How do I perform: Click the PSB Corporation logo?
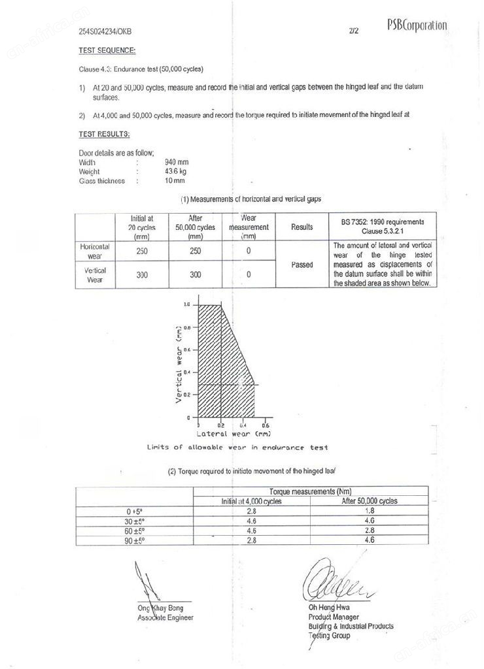[x=417, y=25]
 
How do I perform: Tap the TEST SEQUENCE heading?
[x=107, y=50]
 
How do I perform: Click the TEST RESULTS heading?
[x=104, y=135]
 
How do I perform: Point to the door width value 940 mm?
[x=178, y=162]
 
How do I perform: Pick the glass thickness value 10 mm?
[x=175, y=180]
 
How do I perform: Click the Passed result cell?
[x=302, y=265]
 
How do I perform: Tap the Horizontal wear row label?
[x=95, y=252]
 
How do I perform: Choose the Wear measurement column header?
[x=249, y=227]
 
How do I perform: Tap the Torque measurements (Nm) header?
[x=311, y=491]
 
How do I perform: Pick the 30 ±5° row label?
[x=135, y=521]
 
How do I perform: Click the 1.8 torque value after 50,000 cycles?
[x=370, y=511]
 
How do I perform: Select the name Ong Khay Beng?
[x=160, y=608]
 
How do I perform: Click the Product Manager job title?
[x=334, y=617]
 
